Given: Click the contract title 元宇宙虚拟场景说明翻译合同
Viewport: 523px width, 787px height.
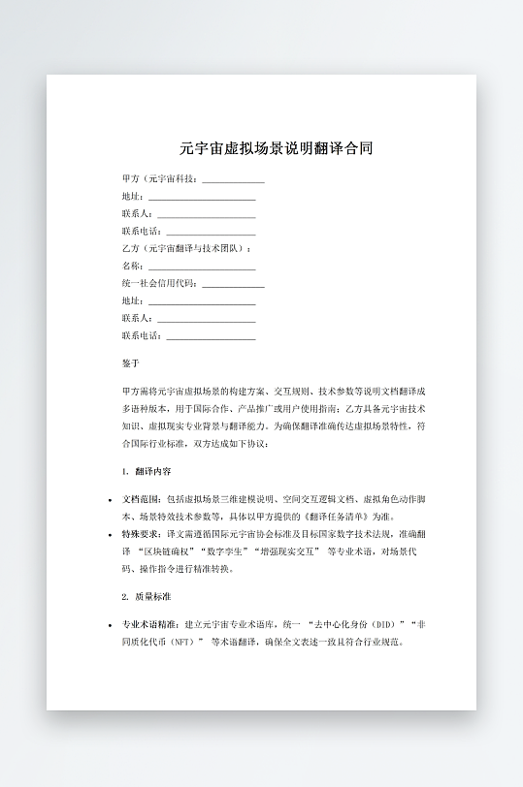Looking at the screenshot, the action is coord(276,149).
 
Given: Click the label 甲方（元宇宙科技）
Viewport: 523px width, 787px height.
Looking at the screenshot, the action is coord(161,179).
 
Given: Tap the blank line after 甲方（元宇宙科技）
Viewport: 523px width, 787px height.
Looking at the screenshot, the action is coord(233,180).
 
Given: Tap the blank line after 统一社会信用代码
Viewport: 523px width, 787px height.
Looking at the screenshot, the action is coord(233,285).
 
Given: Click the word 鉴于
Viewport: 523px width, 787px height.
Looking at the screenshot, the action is coord(131,363).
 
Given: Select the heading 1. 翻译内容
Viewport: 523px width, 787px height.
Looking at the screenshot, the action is coord(147,471).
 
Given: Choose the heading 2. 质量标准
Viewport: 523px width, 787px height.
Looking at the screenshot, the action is coord(147,596).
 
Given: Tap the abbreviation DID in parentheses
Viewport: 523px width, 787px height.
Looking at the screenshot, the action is coord(387,624).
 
